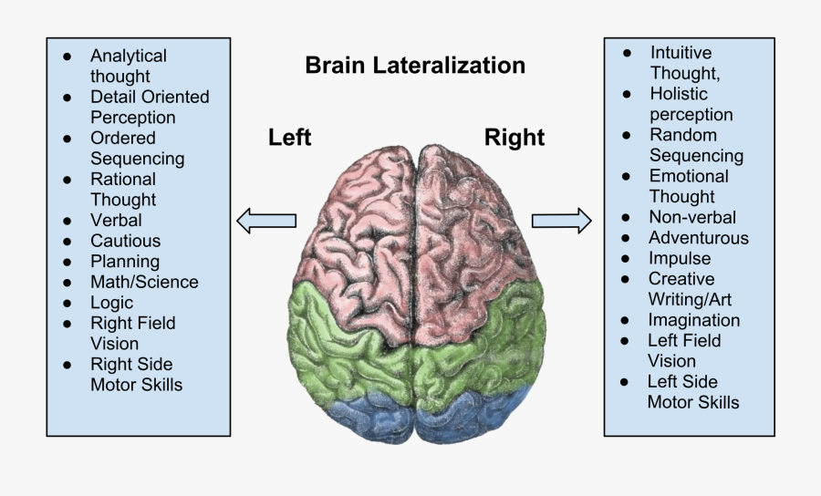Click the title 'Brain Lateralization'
tap(415, 66)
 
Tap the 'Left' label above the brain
tap(289, 138)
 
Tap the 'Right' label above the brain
tap(514, 138)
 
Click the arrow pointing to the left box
tap(266, 220)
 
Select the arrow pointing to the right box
tap(561, 220)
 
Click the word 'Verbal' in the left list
tap(116, 220)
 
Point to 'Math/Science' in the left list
tap(144, 282)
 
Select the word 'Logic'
tap(111, 303)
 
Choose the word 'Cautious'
tap(125, 241)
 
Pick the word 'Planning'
tap(125, 262)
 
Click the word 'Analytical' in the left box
tap(129, 56)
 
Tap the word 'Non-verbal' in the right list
tap(691, 217)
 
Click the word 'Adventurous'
tap(698, 238)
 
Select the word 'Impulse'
tap(679, 258)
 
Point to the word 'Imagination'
tap(693, 320)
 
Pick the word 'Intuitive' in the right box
tap(681, 52)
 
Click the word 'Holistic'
tap(679, 93)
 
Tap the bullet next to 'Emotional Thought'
tap(626, 176)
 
